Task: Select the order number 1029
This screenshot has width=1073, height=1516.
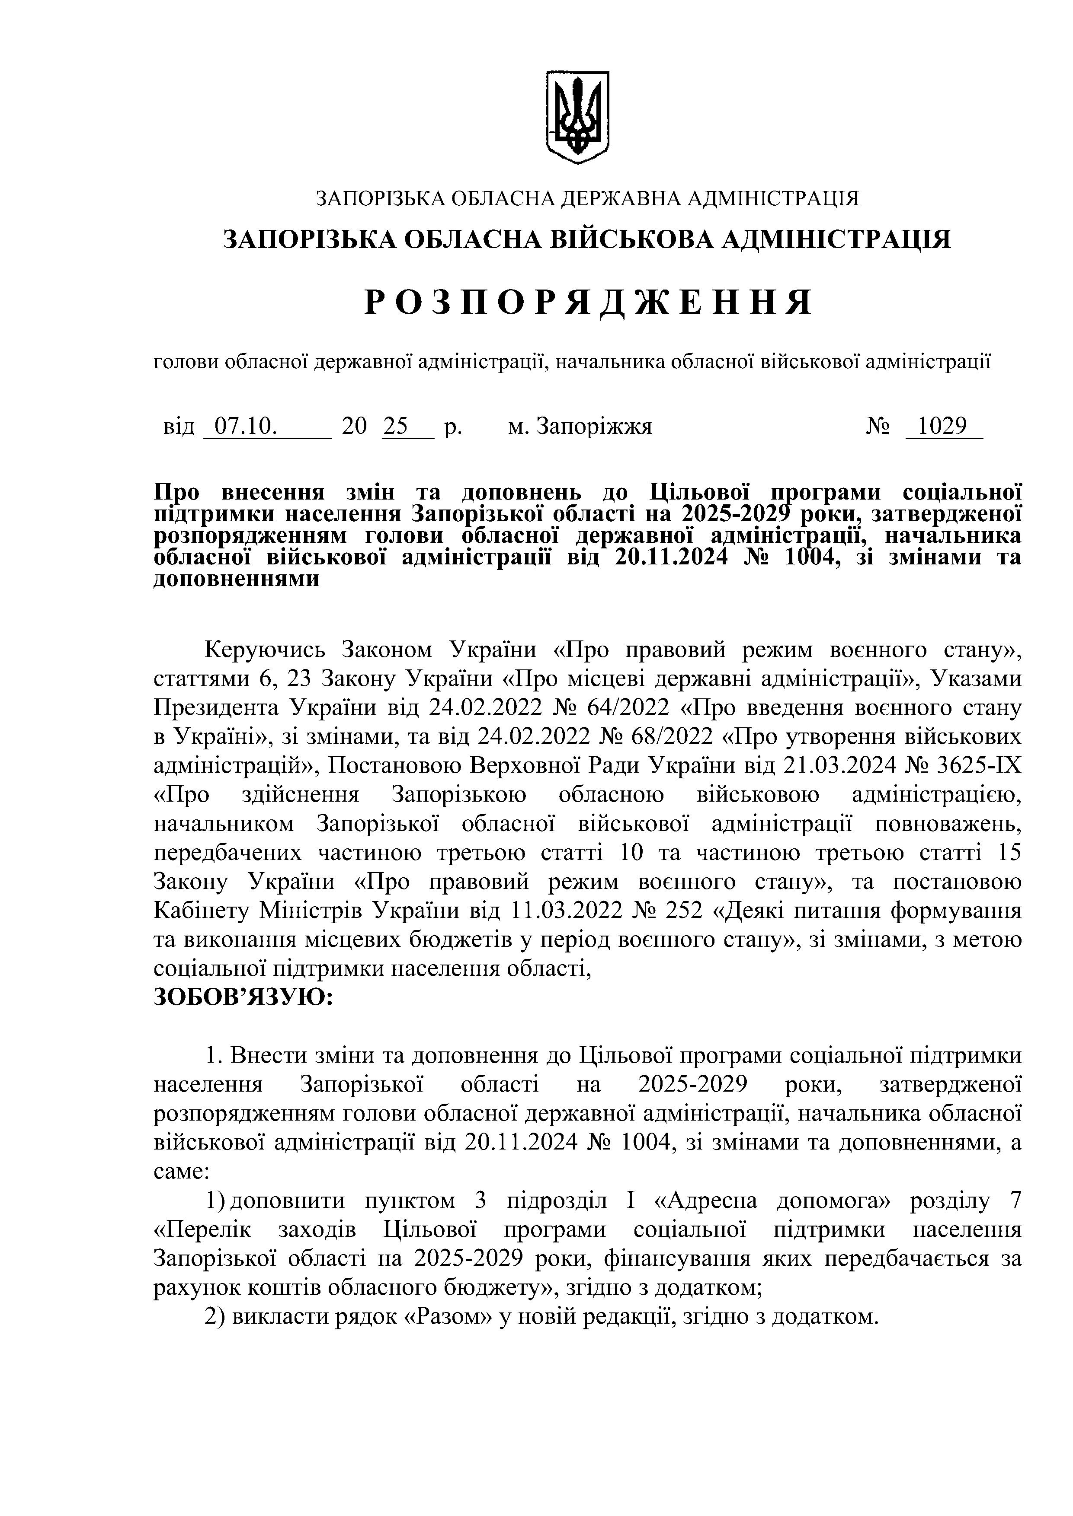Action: coord(944,427)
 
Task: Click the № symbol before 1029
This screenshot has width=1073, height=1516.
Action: coord(878,427)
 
